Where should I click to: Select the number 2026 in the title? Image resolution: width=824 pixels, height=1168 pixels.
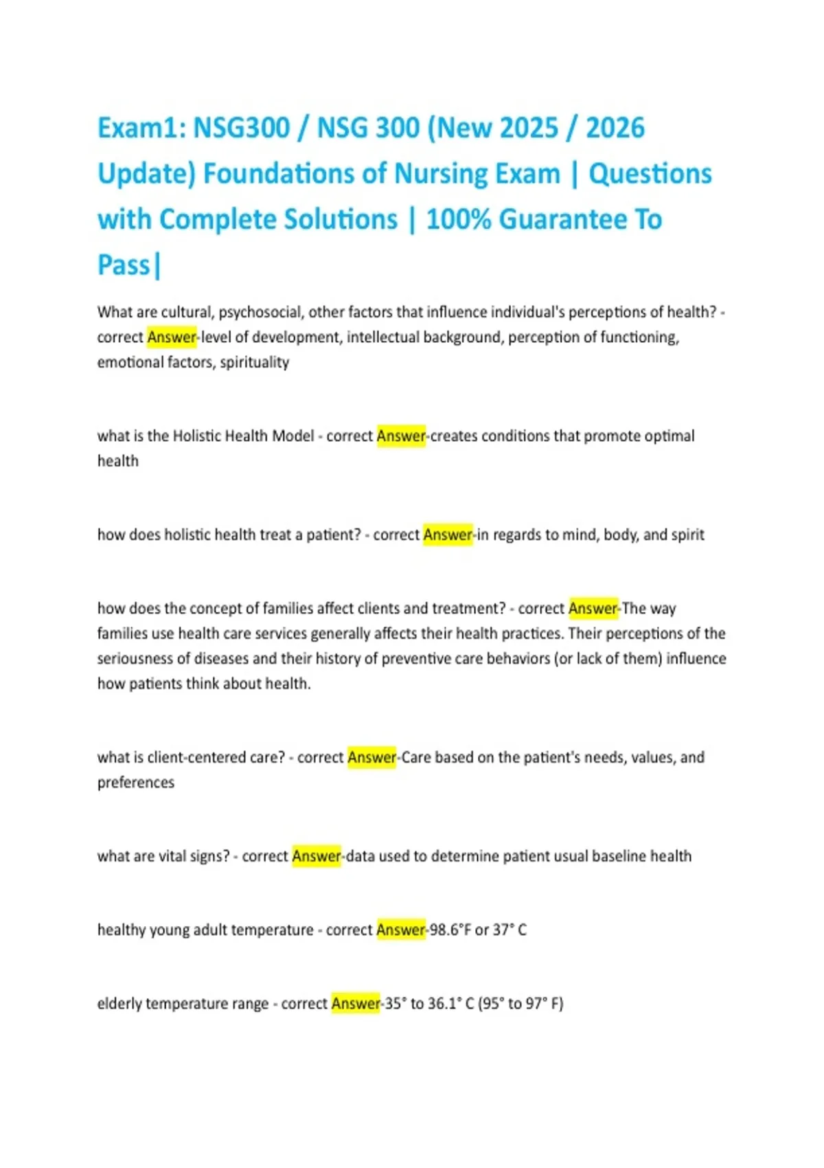615,128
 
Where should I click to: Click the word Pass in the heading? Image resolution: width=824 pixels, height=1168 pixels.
124,265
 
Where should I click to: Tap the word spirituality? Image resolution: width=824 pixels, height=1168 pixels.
254,362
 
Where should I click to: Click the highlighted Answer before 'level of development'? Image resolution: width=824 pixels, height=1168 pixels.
172,337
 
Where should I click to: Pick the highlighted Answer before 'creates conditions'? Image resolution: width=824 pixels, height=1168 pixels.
401,436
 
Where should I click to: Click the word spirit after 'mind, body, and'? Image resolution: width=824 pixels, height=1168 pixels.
687,535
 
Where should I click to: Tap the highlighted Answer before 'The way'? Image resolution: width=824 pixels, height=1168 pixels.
593,609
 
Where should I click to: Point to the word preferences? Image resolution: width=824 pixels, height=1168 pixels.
136,783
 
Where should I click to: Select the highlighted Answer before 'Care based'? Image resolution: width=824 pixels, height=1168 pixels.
371,758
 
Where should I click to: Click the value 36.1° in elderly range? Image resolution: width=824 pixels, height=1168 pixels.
445,1004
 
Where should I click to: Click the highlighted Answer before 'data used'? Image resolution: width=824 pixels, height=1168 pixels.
317,857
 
